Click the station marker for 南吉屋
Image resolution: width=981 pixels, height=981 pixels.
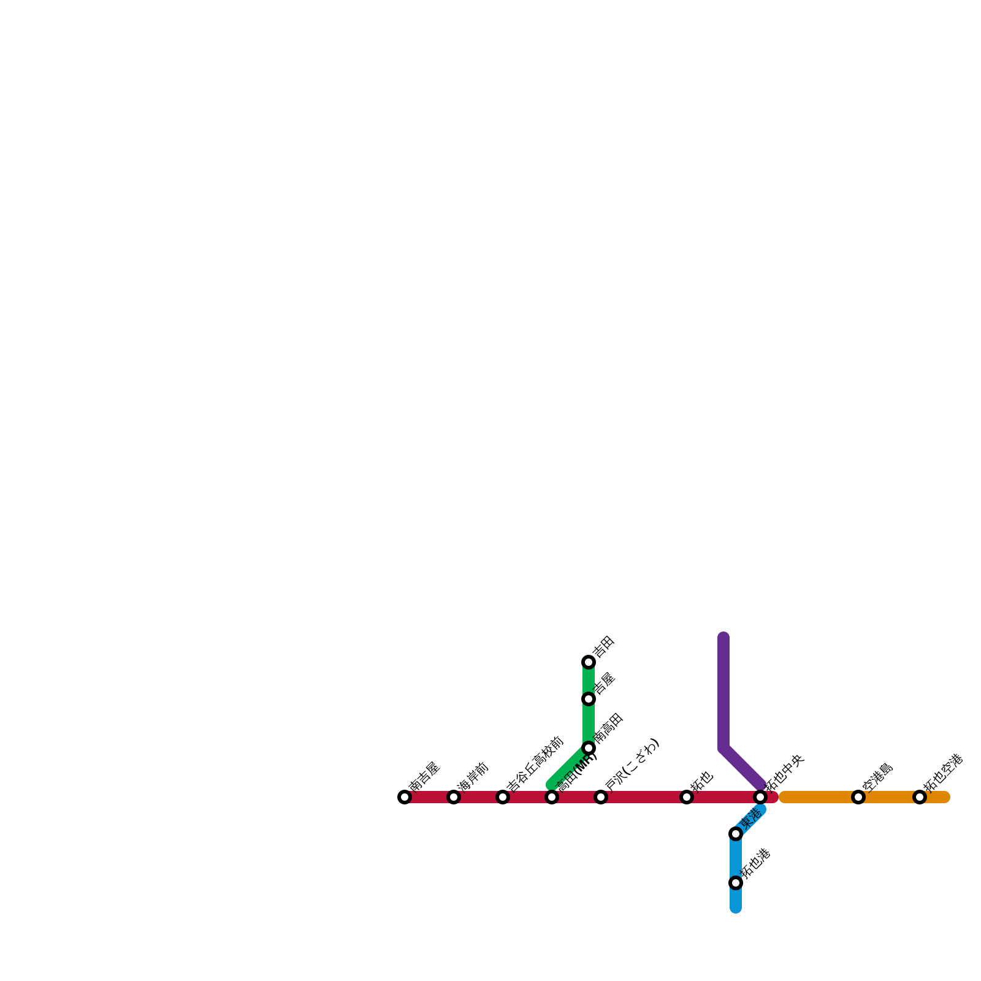[x=405, y=797]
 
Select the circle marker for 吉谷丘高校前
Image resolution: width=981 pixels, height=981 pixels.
[x=503, y=797]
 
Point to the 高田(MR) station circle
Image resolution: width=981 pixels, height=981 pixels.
[x=552, y=797]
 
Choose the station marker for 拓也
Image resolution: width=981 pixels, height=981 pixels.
[x=687, y=797]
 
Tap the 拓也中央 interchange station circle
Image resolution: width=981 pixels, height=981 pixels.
[x=760, y=797]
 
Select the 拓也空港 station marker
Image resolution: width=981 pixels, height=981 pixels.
[x=920, y=797]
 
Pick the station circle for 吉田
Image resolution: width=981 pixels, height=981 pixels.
[x=589, y=662]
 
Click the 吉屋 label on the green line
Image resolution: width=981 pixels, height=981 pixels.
[x=604, y=683]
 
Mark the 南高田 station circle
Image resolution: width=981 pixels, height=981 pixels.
[x=589, y=748]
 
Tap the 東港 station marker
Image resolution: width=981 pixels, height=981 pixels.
[x=736, y=834]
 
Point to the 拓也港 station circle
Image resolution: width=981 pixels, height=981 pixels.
[x=736, y=883]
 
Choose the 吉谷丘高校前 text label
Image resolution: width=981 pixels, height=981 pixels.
[x=535, y=764]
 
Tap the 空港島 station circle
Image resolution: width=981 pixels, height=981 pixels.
[x=858, y=797]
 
